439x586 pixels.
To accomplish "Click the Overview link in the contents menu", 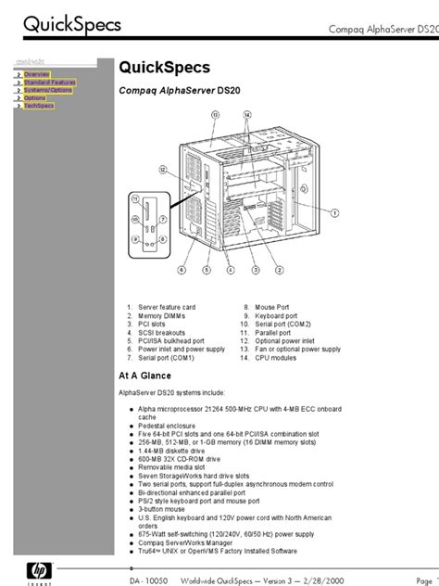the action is [37, 73].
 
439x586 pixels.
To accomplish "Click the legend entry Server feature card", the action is [167, 305].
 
